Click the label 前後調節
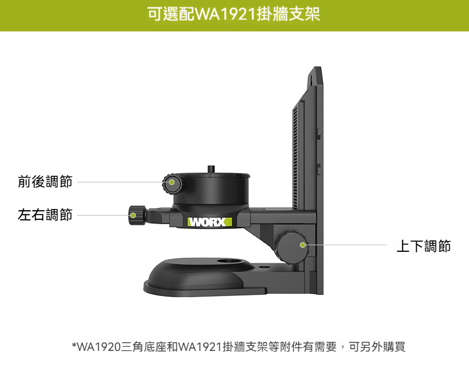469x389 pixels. [x=45, y=181]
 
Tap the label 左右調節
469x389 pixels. [x=45, y=214]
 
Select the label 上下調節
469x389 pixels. [x=423, y=246]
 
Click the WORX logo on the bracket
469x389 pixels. [x=209, y=222]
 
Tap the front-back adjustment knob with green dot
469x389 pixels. [x=171, y=182]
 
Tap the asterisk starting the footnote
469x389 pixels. [x=74, y=346]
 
